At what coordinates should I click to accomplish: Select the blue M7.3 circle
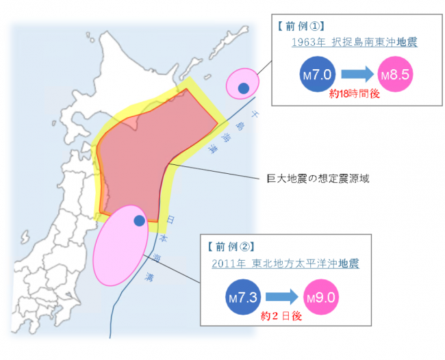[x=242, y=297]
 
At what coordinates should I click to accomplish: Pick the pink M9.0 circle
[x=319, y=297]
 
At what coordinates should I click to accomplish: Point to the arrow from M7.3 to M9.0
[x=281, y=297]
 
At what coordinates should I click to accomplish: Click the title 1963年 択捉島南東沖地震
[x=355, y=43]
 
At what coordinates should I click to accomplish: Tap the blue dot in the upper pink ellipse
[x=243, y=88]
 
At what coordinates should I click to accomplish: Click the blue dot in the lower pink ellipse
[x=139, y=220]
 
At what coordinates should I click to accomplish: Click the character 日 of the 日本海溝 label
[x=169, y=220]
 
